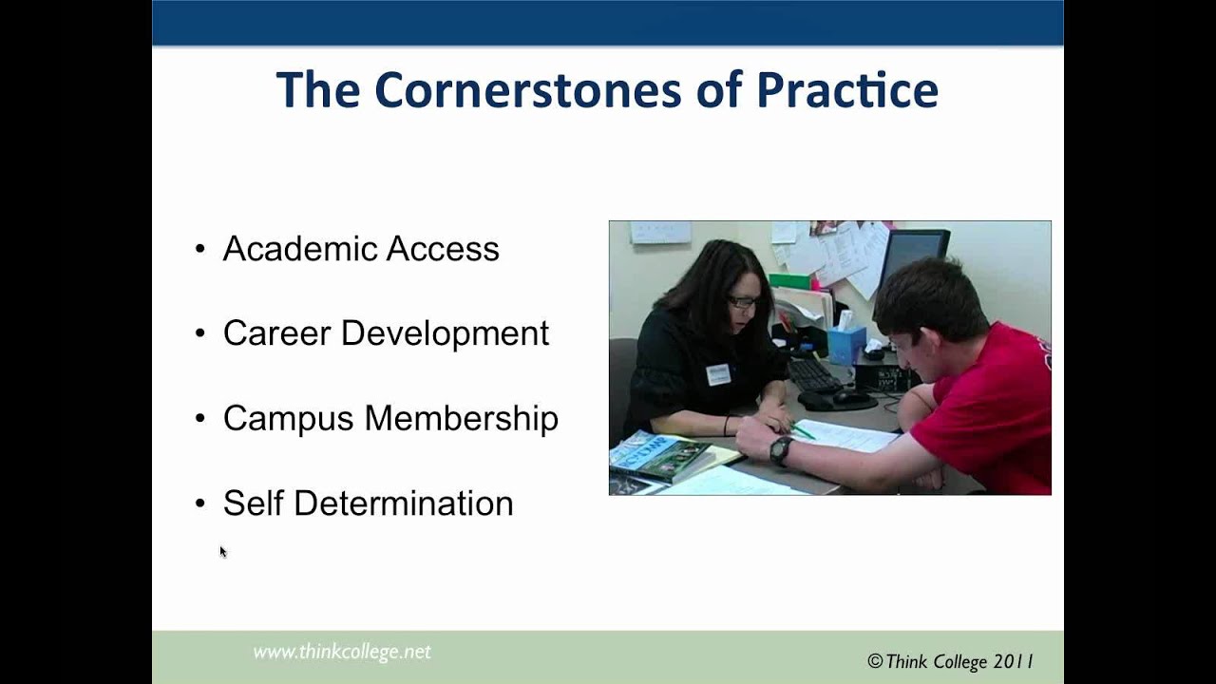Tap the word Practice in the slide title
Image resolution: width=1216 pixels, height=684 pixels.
pos(847,91)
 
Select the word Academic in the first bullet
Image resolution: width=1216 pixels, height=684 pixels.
pos(289,249)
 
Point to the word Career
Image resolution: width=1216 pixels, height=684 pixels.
pos(276,333)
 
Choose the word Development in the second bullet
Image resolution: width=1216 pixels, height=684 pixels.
pos(445,333)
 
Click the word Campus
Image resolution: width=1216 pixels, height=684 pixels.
pos(289,419)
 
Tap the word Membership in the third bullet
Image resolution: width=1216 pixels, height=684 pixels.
pos(462,419)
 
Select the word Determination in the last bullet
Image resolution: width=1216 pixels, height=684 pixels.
pos(403,503)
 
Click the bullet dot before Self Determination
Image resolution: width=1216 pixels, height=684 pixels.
pos(200,503)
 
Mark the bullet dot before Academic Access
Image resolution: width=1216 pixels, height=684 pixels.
pos(200,249)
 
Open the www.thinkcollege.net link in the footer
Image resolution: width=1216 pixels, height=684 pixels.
pos(342,652)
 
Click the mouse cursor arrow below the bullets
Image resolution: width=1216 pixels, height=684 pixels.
pos(223,551)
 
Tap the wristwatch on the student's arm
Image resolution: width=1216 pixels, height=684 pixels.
pos(781,450)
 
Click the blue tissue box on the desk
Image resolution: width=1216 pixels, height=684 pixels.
pos(846,344)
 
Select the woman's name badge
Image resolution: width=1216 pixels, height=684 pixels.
pos(717,374)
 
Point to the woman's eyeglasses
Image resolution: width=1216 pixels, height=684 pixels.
pos(742,302)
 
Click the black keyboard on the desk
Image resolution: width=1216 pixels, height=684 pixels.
pos(813,374)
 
